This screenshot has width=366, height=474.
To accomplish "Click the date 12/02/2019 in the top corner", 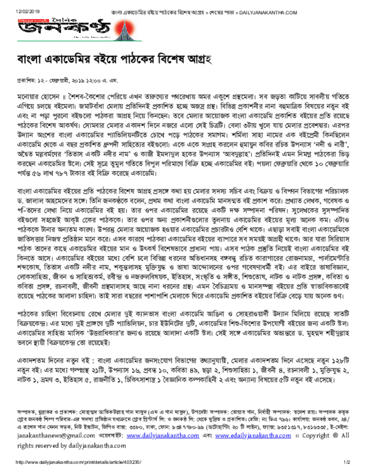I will point(25,11).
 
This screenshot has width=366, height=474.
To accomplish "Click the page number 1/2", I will point(346,462).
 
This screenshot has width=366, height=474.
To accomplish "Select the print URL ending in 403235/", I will point(78,462).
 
